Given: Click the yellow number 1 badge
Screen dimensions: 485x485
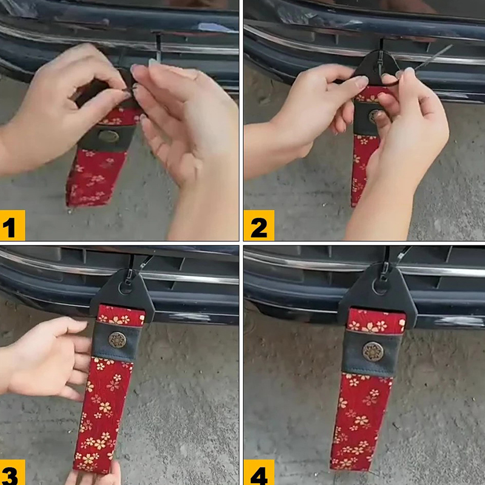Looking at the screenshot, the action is (x=12, y=225).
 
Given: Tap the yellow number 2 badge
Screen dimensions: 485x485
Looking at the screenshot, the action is (x=259, y=225).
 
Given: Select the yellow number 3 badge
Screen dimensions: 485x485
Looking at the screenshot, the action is (x=12, y=472).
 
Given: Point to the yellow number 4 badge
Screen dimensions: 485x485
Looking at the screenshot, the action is (x=259, y=472).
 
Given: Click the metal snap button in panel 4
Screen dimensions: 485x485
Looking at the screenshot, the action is (x=373, y=352).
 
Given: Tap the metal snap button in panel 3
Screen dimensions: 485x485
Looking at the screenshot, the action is (x=117, y=340).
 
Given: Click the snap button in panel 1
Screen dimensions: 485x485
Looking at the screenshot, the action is (x=109, y=136).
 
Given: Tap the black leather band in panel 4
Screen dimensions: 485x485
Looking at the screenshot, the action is (x=372, y=353).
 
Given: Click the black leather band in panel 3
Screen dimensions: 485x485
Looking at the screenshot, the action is (x=116, y=341).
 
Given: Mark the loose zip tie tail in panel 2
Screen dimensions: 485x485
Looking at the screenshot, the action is (x=433, y=58).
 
